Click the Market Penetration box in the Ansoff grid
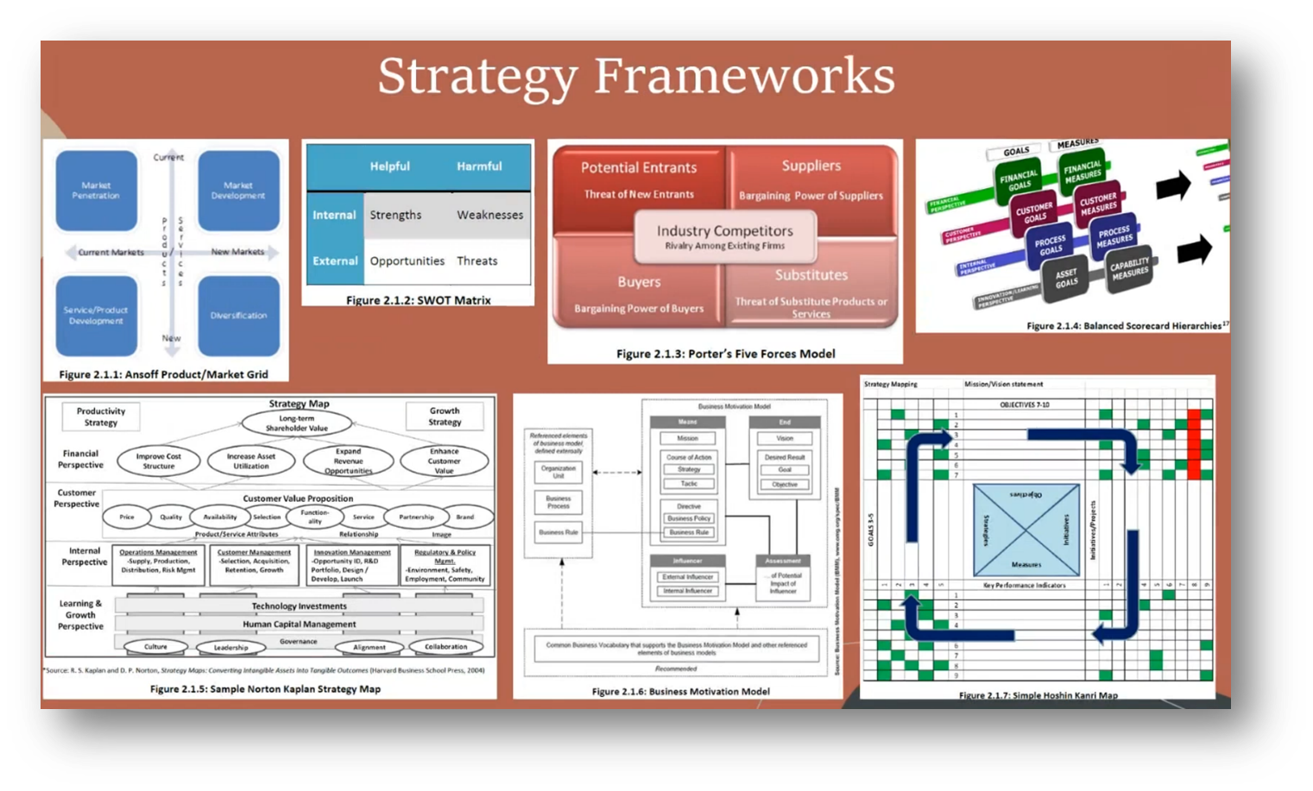(96, 191)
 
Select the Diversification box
(238, 316)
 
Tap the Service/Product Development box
(96, 316)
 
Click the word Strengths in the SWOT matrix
(395, 215)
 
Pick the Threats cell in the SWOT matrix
(477, 261)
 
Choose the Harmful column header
(479, 166)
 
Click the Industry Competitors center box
(724, 236)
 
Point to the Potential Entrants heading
(638, 168)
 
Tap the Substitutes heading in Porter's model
(811, 275)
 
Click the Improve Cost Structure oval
(158, 461)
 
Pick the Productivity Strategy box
(101, 417)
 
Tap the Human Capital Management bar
(299, 624)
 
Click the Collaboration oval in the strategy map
(445, 646)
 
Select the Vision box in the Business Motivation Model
(784, 438)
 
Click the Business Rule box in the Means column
(688, 532)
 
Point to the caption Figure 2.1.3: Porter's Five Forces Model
(725, 354)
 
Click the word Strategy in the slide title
(477, 78)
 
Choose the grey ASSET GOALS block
(1066, 278)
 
